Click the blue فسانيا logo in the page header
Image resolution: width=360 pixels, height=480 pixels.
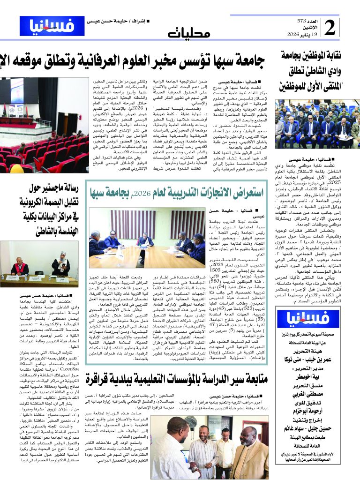(x=52, y=26)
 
